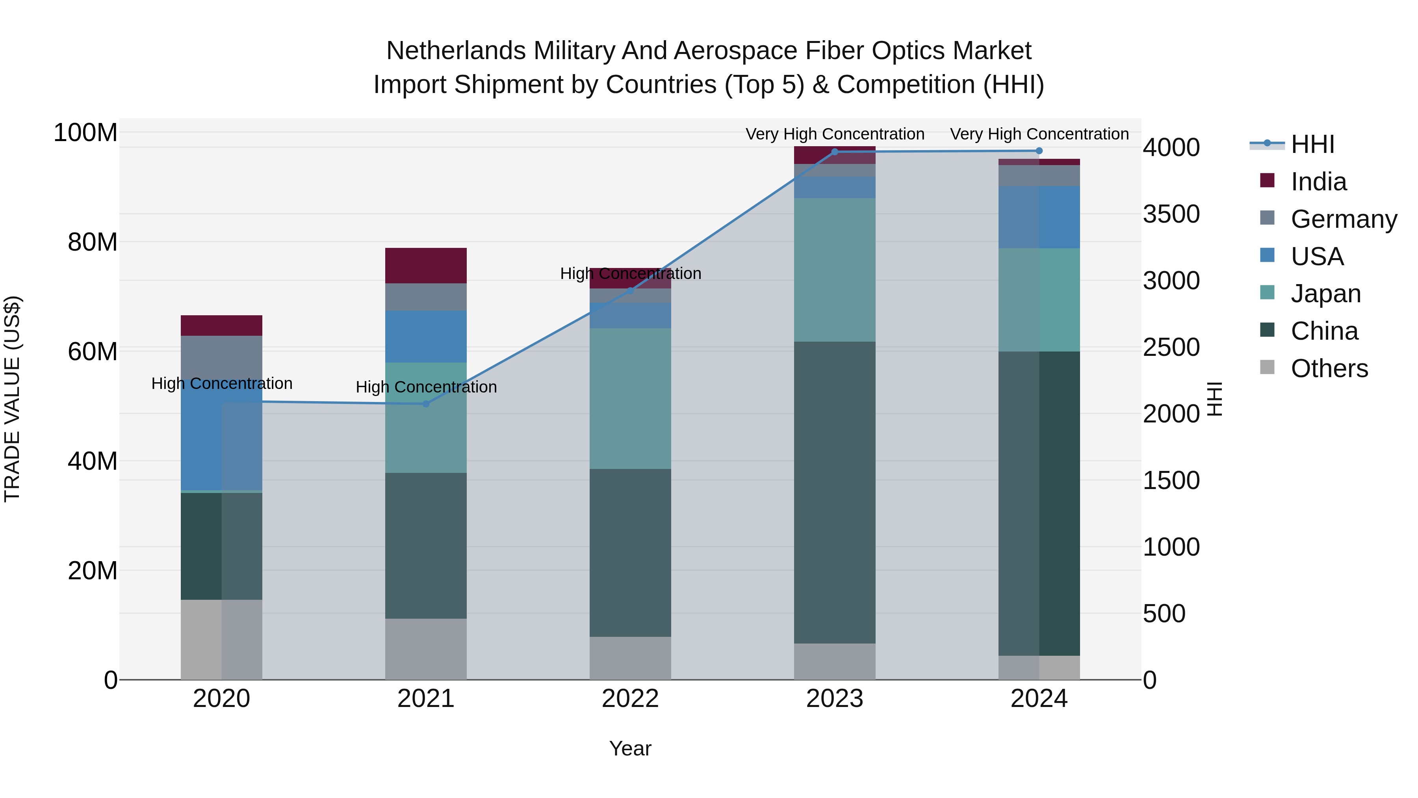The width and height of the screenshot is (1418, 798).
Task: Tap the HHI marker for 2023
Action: tap(835, 152)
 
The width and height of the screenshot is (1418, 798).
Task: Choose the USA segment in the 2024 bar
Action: tap(1039, 217)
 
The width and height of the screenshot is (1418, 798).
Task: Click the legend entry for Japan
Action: tap(1325, 294)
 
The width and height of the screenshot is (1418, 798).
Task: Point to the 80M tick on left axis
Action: tap(93, 242)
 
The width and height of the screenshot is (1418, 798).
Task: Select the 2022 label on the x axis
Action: tap(630, 699)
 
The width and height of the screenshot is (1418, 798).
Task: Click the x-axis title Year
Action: tap(630, 748)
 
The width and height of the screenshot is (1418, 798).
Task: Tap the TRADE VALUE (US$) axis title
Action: tap(12, 399)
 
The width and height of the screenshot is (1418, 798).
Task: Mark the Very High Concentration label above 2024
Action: tap(1039, 134)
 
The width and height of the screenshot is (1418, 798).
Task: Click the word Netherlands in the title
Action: tap(455, 51)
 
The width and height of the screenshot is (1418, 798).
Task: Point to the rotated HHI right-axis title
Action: tap(1214, 399)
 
